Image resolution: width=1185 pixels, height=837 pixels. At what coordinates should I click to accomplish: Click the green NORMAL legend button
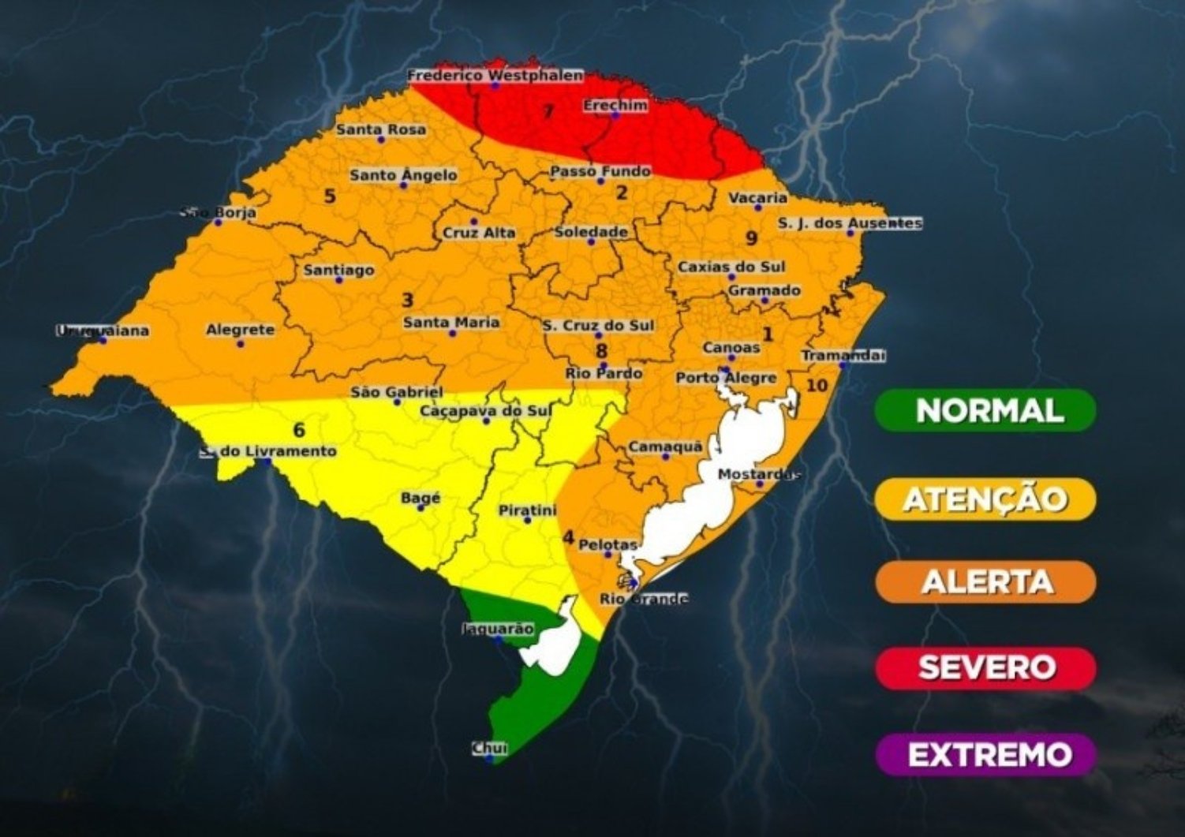coord(985,411)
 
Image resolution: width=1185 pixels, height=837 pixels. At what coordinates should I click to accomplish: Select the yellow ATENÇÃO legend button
coord(985,499)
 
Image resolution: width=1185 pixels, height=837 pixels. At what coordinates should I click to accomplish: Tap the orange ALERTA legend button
coord(985,582)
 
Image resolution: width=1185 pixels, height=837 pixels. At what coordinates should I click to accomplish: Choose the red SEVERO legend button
coord(985,668)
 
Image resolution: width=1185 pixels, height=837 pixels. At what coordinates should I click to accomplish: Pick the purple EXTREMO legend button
coord(985,755)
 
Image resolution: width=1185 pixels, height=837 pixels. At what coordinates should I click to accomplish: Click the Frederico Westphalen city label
coord(495,76)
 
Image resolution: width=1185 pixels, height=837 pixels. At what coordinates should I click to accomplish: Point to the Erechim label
coord(615,105)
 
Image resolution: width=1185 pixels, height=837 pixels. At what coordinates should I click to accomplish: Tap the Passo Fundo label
coord(600,171)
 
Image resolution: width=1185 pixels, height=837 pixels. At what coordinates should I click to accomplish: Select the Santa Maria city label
coord(451,322)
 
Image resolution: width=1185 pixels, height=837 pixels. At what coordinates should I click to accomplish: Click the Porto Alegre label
coord(726,378)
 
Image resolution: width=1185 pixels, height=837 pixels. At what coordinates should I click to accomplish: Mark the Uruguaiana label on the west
coord(103,331)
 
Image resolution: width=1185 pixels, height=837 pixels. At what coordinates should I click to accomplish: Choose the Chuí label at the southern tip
coord(489,748)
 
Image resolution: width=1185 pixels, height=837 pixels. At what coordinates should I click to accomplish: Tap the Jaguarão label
coord(498,629)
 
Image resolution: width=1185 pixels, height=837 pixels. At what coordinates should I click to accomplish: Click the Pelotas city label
coord(607,544)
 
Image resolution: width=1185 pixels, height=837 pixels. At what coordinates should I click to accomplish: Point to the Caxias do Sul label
coord(731,267)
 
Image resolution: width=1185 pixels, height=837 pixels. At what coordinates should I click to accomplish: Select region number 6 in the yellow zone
coord(298,430)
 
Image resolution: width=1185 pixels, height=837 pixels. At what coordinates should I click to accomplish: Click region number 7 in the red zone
coord(548,111)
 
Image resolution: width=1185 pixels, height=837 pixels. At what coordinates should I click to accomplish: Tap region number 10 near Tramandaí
coord(817,385)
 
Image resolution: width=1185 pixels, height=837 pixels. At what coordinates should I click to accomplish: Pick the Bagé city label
coord(421,499)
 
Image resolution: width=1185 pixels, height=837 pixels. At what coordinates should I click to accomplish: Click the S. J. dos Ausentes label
coord(850,223)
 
